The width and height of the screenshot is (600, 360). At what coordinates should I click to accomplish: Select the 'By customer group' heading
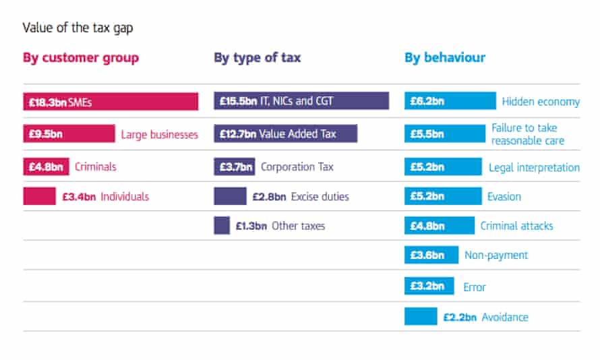tap(81, 57)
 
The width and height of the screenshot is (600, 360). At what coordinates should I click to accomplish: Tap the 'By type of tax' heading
tap(258, 57)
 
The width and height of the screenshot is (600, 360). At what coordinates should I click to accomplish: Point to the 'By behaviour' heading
tap(445, 57)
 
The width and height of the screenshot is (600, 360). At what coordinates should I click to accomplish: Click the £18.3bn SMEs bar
tap(111, 102)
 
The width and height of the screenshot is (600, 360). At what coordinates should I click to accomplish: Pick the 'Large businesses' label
tap(160, 134)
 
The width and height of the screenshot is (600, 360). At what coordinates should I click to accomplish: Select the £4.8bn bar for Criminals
tap(47, 166)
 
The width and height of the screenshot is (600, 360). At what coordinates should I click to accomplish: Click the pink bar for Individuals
tap(39, 196)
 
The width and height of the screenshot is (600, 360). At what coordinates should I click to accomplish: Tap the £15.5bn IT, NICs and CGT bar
tap(301, 101)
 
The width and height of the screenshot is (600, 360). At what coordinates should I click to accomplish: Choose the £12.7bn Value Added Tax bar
tap(285, 133)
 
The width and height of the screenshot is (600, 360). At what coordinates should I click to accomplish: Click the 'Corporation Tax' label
tap(297, 167)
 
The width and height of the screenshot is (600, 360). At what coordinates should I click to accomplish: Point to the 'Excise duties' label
tap(320, 197)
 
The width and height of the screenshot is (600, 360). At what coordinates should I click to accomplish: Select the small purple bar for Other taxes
tap(222, 225)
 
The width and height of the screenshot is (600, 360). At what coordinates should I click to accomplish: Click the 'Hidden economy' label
tap(541, 102)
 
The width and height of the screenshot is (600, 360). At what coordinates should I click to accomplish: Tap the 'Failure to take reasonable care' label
tap(527, 134)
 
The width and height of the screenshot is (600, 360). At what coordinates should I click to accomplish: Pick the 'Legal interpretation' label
tap(534, 167)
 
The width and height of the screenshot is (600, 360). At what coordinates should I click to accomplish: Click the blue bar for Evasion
tap(441, 197)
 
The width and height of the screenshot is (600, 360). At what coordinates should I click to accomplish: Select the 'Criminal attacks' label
tap(516, 226)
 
